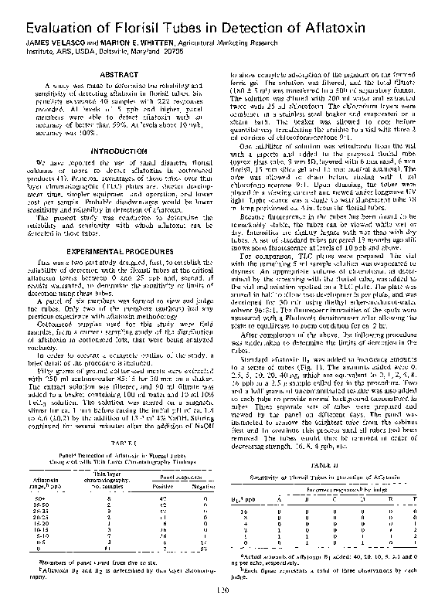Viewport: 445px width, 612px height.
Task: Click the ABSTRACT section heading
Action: [x=114, y=73]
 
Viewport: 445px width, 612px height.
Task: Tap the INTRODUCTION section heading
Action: [x=114, y=149]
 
